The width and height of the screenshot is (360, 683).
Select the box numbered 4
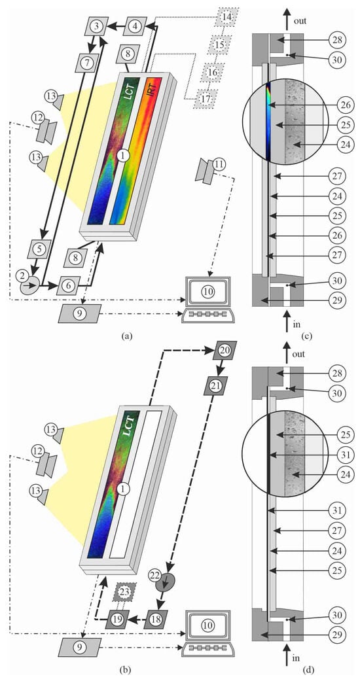(136, 26)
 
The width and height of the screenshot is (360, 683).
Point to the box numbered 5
(39, 249)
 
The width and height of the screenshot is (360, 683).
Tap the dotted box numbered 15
(219, 44)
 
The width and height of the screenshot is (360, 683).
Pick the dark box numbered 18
(156, 618)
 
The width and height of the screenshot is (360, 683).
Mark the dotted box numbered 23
(126, 591)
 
